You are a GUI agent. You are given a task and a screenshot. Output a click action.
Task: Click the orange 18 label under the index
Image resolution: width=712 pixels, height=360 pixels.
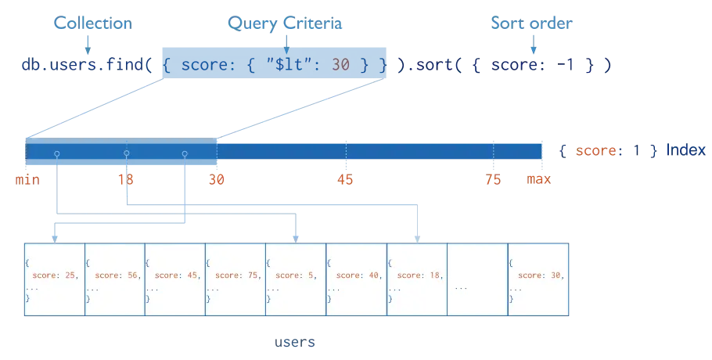(125, 179)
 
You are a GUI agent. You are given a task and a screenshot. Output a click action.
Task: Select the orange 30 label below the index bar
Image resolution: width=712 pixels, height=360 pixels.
(216, 179)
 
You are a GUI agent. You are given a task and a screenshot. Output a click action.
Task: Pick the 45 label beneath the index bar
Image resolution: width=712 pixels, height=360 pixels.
(345, 179)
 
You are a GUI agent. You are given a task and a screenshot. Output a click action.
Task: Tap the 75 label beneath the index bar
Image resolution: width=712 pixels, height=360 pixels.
(492, 179)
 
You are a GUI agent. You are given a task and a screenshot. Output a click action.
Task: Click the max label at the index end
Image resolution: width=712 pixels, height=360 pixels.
(540, 179)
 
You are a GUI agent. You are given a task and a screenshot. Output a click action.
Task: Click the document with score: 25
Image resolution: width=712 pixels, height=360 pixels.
(54, 279)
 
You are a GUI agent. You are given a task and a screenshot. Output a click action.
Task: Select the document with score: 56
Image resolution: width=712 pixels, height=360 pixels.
(114, 279)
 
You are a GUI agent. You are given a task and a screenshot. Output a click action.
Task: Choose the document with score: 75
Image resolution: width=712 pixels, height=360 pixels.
(235, 279)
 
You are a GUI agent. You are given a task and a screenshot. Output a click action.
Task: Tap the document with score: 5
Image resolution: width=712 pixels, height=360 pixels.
(295, 279)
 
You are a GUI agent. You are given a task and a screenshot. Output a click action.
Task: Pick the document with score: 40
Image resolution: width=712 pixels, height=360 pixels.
(356, 279)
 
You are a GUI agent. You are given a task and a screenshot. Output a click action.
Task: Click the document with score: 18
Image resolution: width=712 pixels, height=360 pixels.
(416, 279)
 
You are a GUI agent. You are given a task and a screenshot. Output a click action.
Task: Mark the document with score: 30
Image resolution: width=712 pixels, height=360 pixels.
(538, 279)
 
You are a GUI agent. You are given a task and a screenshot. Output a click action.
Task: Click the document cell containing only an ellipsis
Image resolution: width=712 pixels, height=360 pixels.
(476, 279)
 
